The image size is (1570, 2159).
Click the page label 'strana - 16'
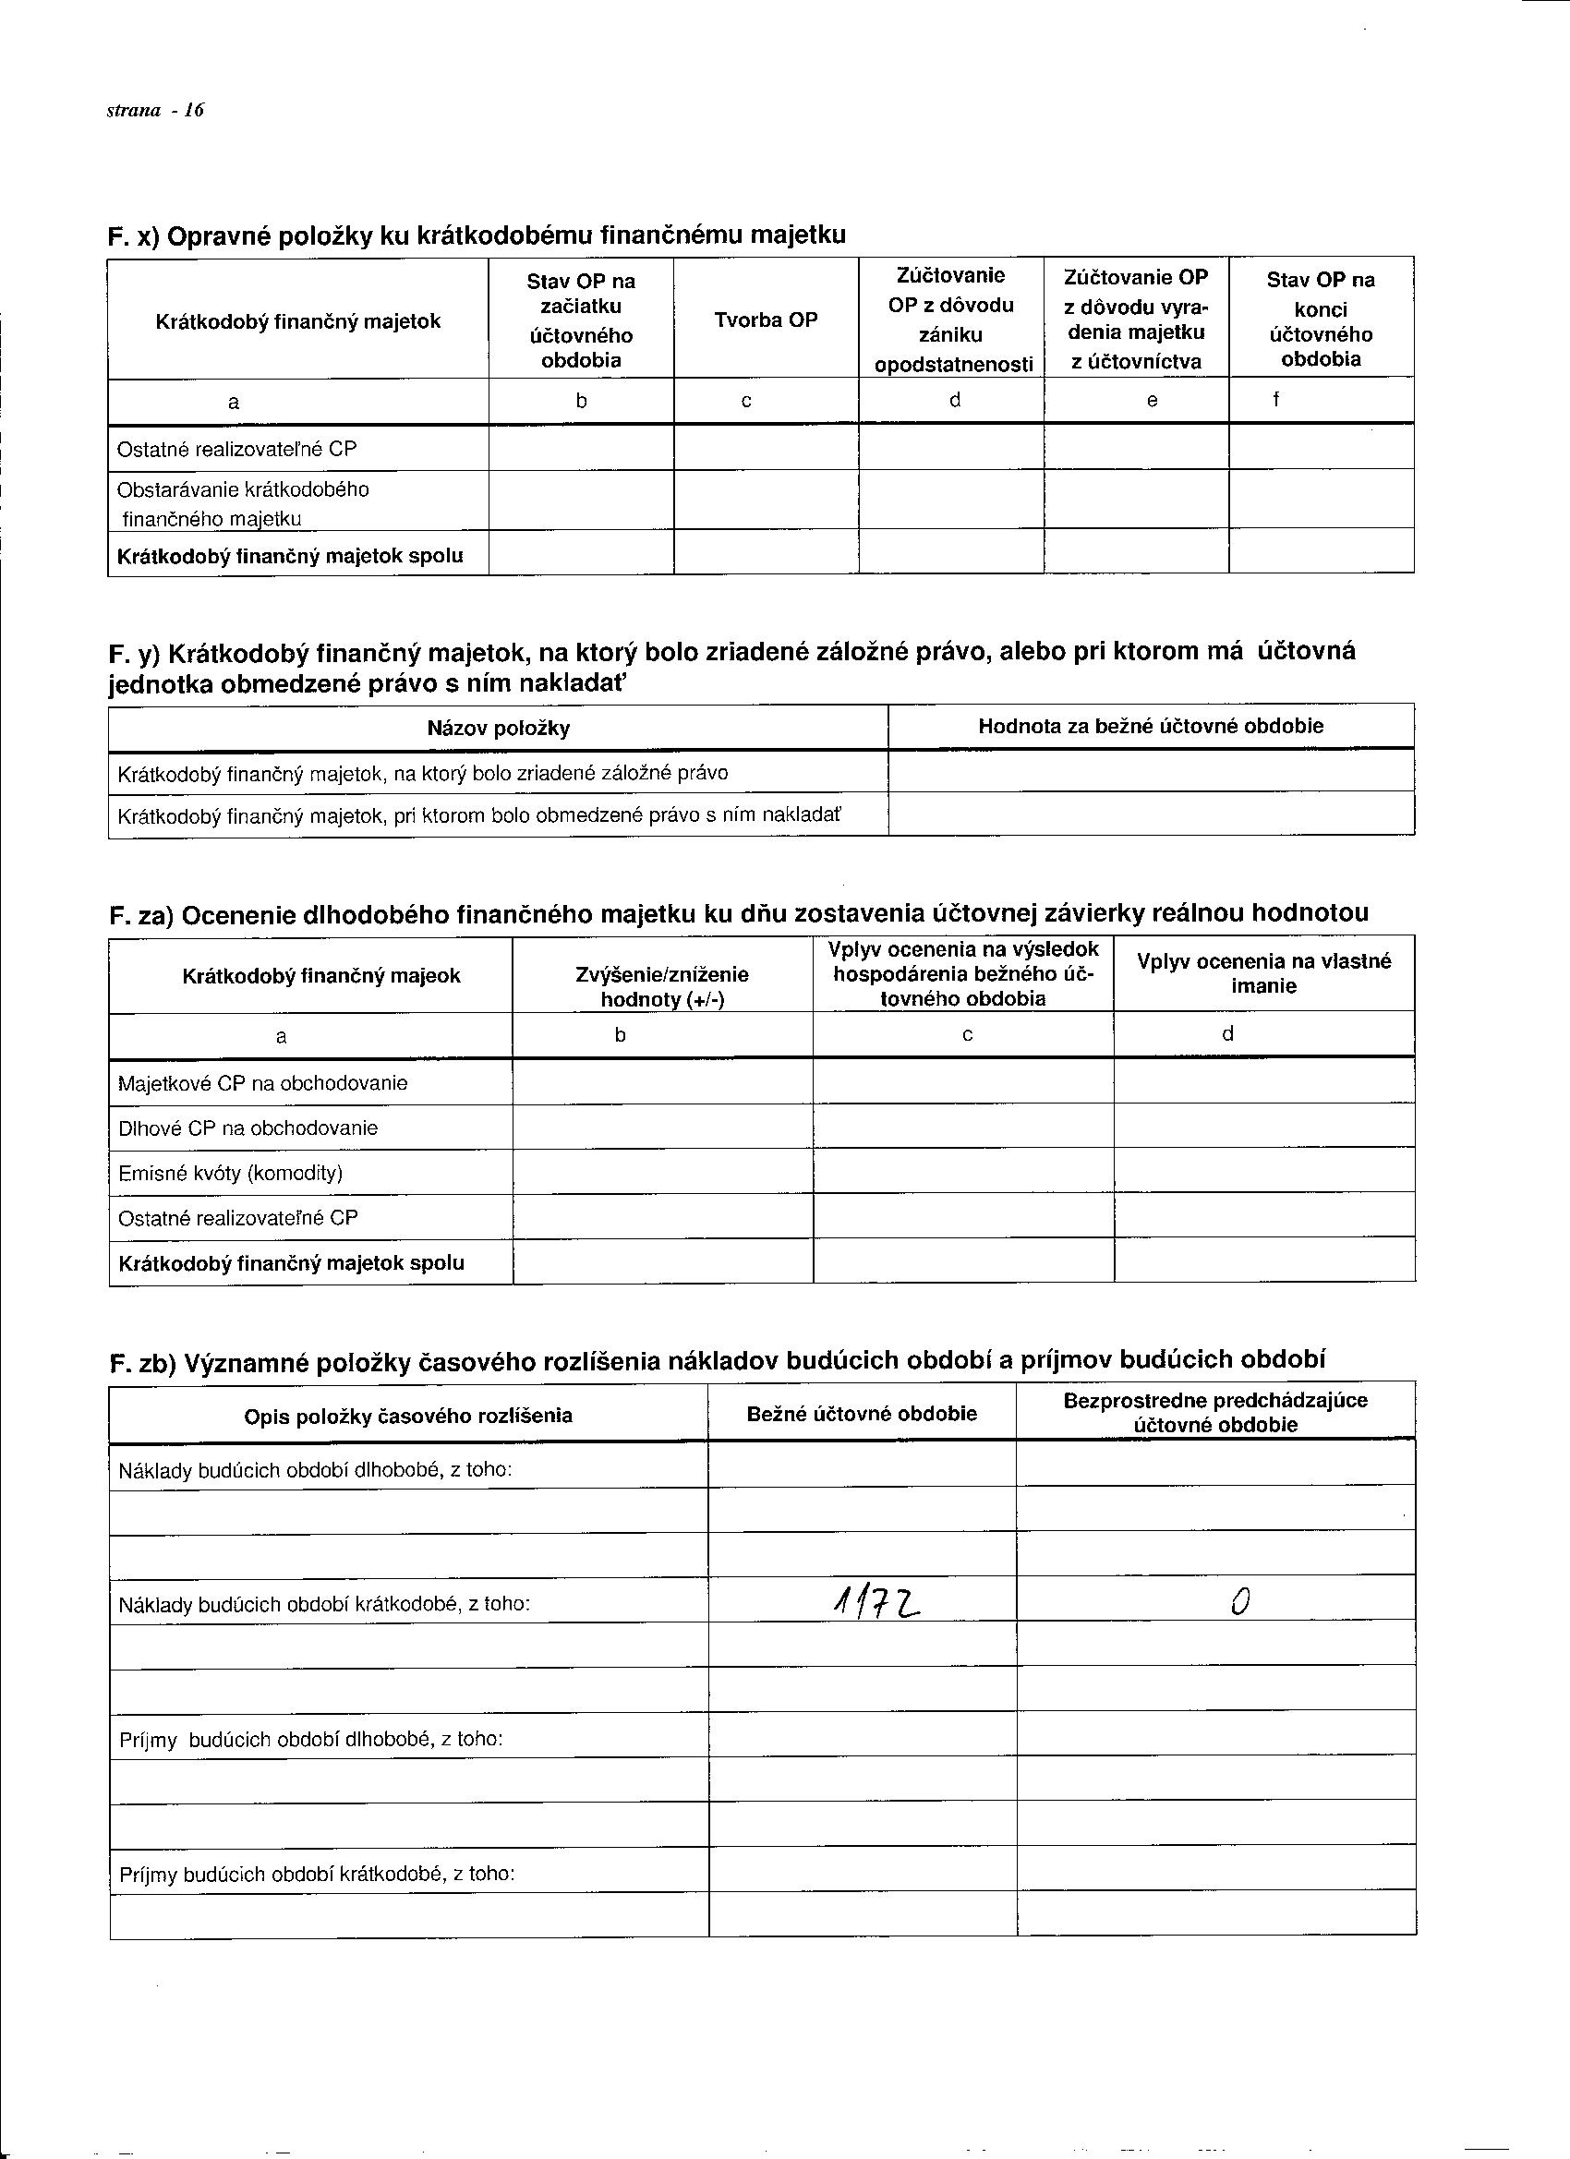pyautogui.click(x=155, y=111)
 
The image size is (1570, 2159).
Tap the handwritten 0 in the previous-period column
pyautogui.click(x=1238, y=1604)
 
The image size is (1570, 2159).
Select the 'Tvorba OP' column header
pyautogui.click(x=766, y=320)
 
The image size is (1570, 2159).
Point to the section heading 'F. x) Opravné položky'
pyautogui.click(x=476, y=235)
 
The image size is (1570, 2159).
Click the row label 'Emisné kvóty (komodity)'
pyautogui.click(x=230, y=1173)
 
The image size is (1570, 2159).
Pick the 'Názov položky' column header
pyautogui.click(x=498, y=729)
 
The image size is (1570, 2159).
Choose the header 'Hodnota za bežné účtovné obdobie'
pyautogui.click(x=1150, y=727)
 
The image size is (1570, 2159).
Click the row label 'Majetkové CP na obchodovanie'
pyautogui.click(x=263, y=1083)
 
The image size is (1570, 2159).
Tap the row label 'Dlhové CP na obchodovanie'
pyautogui.click(x=248, y=1128)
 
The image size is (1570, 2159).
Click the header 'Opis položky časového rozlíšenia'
pyautogui.click(x=408, y=1416)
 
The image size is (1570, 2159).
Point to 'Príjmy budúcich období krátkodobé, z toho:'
pyautogui.click(x=317, y=1875)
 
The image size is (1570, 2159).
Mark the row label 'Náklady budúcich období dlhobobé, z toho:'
pyautogui.click(x=315, y=1471)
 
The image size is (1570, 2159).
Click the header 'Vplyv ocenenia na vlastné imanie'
pyautogui.click(x=1263, y=974)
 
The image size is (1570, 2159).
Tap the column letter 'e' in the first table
pyautogui.click(x=1152, y=401)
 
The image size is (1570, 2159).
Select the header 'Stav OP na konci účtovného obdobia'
pyautogui.click(x=1320, y=319)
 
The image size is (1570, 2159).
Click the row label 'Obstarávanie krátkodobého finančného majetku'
pyautogui.click(x=243, y=503)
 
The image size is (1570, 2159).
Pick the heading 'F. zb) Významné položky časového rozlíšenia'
pyautogui.click(x=717, y=1360)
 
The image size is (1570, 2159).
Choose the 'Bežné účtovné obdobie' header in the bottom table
pyautogui.click(x=862, y=1414)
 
